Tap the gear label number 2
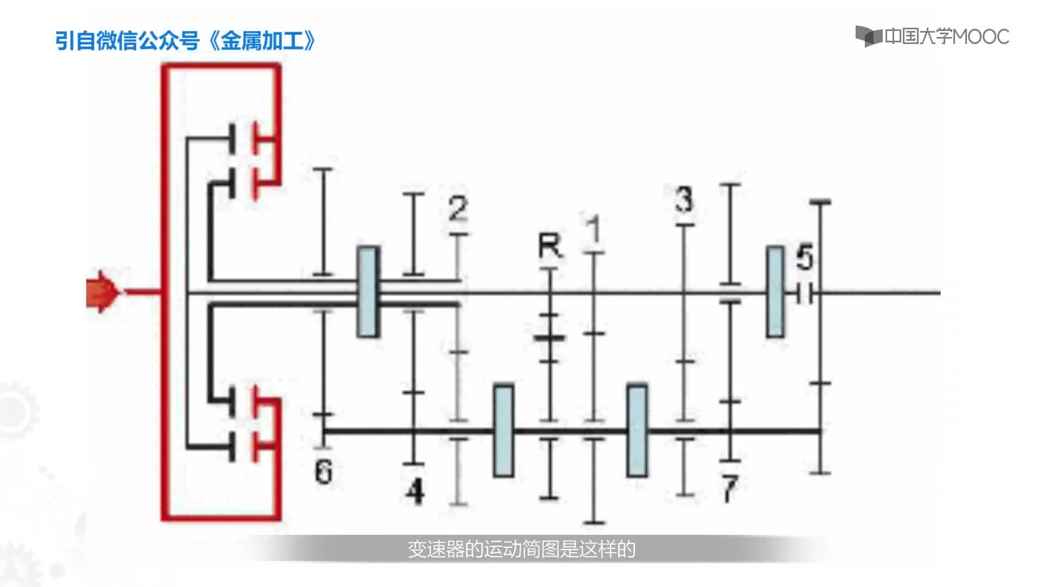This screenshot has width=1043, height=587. coord(458,209)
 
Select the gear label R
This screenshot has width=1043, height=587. coord(550,246)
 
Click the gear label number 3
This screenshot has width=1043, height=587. coord(684,199)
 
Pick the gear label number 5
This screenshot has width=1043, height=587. coord(805,258)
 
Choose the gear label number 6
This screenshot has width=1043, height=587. coord(323,471)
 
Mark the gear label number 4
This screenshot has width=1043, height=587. coord(416,491)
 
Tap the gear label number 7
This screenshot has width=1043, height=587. coord(729,488)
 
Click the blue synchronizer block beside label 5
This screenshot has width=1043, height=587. coord(775,292)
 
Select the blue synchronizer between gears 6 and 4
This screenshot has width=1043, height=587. coord(368,292)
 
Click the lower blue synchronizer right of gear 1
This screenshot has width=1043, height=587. coord(637,430)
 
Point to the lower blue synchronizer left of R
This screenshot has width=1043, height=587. coord(504,430)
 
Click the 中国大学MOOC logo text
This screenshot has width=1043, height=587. coord(946,36)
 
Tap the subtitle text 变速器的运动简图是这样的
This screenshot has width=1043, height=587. coord(521,549)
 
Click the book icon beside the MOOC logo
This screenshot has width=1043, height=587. coord(868,36)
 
